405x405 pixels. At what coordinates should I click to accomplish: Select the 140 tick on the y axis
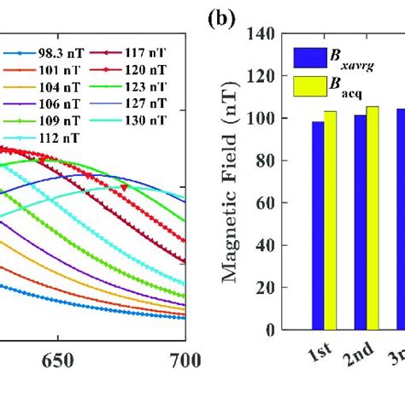click(x=264, y=35)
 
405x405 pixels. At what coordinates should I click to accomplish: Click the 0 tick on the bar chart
click(x=272, y=330)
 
